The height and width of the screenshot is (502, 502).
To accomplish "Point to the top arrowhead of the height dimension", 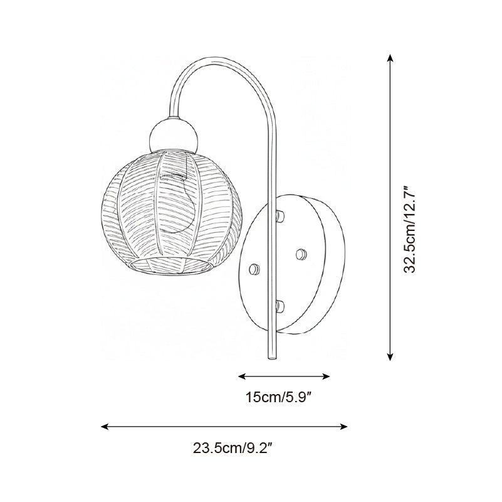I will pos(390,58).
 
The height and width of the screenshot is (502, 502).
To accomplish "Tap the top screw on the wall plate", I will pos(280,216).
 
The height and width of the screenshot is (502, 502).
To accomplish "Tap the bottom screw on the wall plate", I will pos(280,306).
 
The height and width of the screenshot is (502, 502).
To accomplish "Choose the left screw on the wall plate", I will pos(254,269).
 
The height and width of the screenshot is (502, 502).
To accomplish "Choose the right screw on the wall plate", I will pos(301,253).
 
